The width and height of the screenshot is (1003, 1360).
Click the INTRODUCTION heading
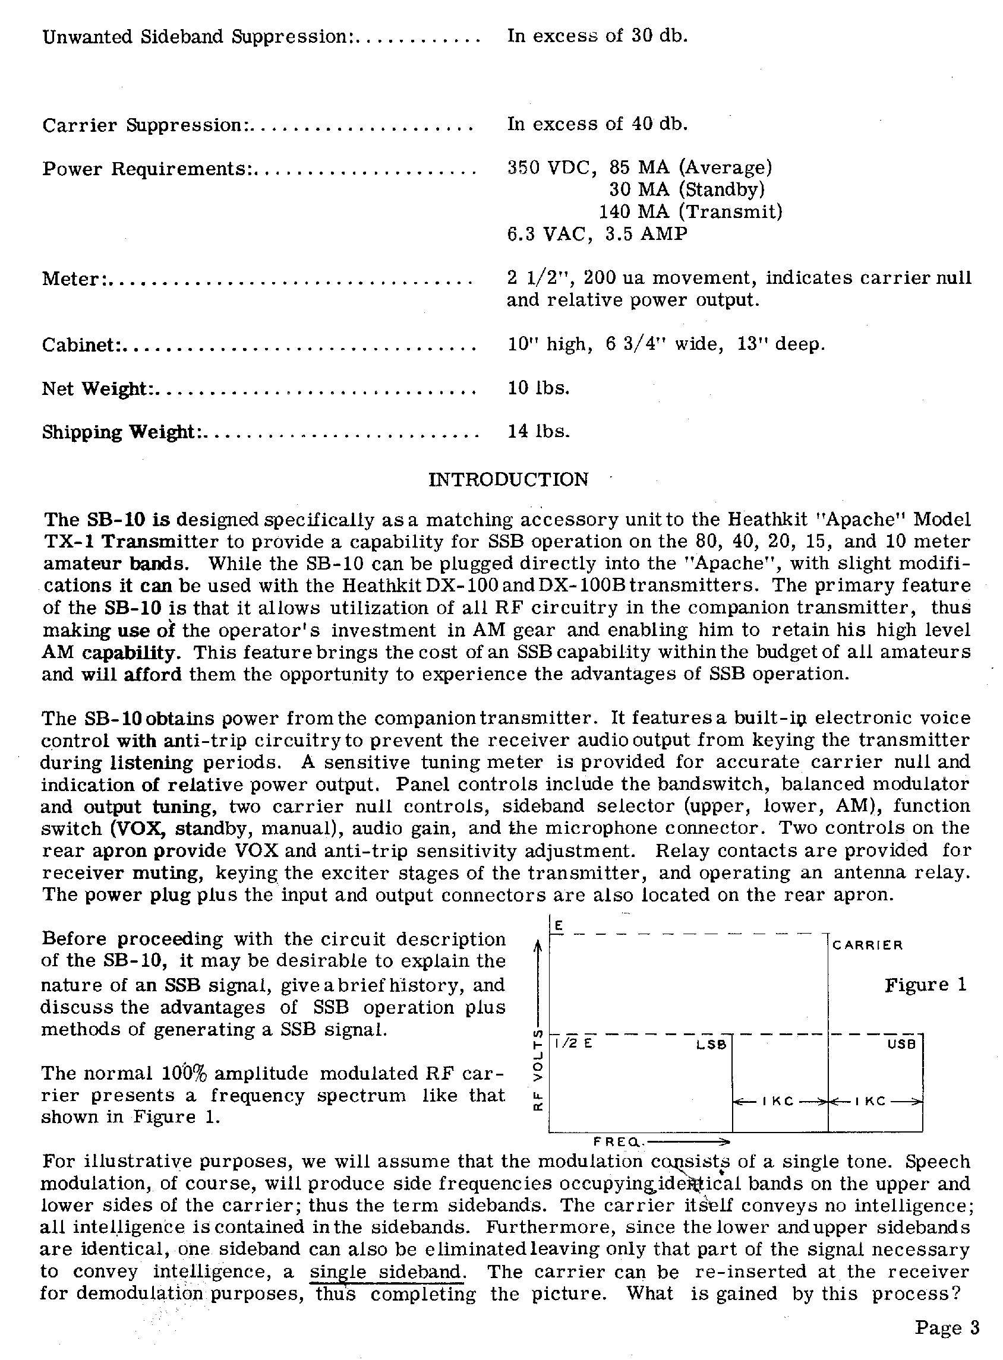[x=508, y=479]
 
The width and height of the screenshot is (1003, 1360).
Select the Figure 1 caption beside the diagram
[x=925, y=983]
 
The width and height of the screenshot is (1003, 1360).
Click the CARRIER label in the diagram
[x=868, y=945]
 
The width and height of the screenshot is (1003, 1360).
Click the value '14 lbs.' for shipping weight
[x=538, y=432]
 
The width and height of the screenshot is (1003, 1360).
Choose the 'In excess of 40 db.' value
[x=597, y=124]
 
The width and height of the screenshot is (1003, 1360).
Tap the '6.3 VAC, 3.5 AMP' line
[x=597, y=233]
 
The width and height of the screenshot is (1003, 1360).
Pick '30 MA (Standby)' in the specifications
[x=687, y=190]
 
